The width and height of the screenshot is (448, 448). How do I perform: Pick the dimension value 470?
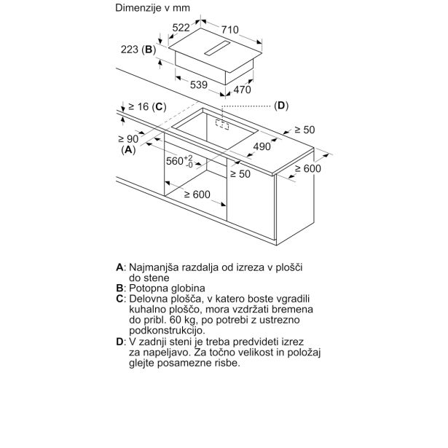[241, 90]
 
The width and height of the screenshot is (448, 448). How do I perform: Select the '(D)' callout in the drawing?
[281, 106]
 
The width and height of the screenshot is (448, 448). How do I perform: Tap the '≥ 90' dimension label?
[128, 138]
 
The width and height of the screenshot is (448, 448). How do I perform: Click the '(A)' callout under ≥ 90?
[128, 149]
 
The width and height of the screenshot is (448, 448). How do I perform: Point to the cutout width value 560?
[177, 161]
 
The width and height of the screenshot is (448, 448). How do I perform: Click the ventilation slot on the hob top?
[222, 50]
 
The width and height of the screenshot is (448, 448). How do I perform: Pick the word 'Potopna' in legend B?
[149, 288]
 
